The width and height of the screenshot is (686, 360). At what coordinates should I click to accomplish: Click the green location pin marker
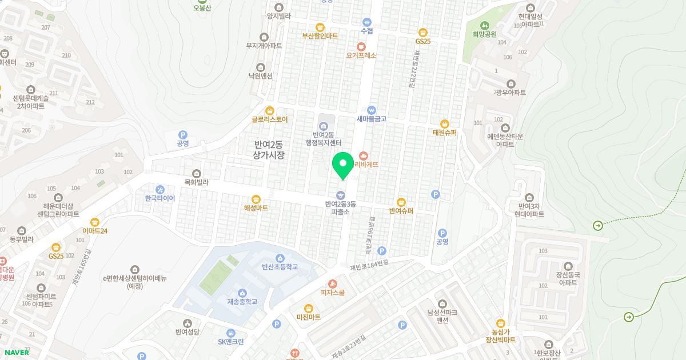pyautogui.click(x=343, y=166)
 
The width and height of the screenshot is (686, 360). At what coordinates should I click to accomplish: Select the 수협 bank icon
pyautogui.click(x=367, y=22)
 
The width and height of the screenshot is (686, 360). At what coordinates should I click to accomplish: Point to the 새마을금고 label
pyautogui.click(x=372, y=119)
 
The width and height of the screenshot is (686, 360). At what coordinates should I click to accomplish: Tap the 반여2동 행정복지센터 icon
pyautogui.click(x=323, y=126)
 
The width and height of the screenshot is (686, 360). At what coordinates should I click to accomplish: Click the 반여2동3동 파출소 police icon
pyautogui.click(x=341, y=195)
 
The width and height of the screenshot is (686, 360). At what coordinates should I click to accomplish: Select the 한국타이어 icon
pyautogui.click(x=160, y=190)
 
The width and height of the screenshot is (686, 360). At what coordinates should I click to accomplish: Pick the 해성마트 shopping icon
pyautogui.click(x=256, y=199)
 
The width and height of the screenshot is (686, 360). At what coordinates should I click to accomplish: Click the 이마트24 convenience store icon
pyautogui.click(x=95, y=222)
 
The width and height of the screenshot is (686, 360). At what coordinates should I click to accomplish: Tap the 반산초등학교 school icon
pyautogui.click(x=280, y=258)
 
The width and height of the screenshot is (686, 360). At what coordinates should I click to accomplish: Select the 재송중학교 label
pyautogui.click(x=242, y=302)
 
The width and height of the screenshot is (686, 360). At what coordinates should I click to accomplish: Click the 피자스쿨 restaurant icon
pyautogui.click(x=332, y=284)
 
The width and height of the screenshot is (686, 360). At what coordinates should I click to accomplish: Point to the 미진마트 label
pyautogui.click(x=308, y=317)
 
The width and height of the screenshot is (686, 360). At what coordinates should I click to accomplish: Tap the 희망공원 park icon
pyautogui.click(x=485, y=25)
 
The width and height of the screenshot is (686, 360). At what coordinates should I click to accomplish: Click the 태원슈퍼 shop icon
pyautogui.click(x=444, y=124)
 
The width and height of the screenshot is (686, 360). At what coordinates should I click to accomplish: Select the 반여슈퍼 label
pyautogui.click(x=401, y=211)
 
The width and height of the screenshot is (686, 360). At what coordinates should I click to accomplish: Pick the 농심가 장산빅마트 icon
pyautogui.click(x=501, y=323)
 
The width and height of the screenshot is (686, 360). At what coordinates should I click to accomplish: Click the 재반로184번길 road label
pyautogui.click(x=369, y=264)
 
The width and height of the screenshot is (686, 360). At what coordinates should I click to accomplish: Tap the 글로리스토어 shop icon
pyautogui.click(x=270, y=111)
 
